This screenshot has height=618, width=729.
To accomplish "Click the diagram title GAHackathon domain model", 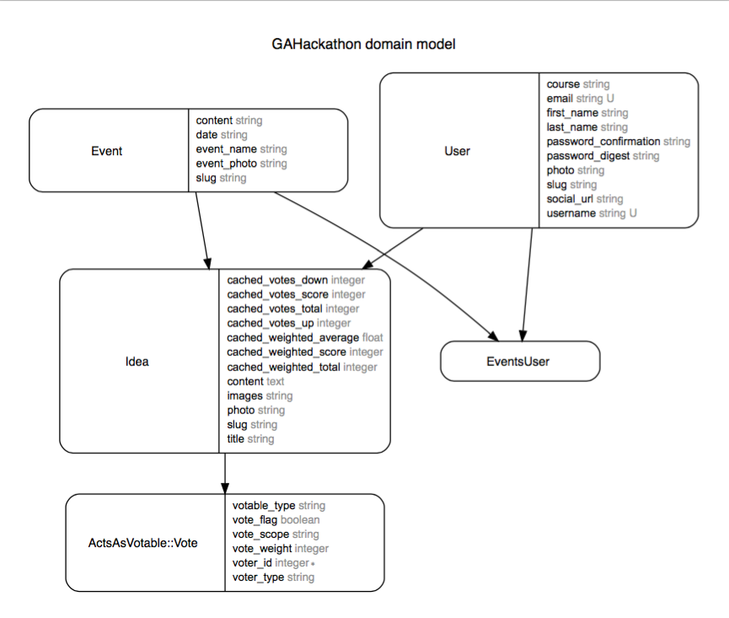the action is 363,44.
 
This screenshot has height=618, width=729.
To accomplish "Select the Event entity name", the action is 106,151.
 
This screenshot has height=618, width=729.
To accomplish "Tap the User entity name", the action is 457,151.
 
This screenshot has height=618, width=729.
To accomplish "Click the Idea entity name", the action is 137,362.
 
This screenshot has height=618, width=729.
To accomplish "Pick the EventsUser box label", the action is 518,362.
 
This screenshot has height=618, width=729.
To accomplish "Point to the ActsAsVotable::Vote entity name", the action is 142,543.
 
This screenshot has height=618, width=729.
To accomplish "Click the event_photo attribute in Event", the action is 227,164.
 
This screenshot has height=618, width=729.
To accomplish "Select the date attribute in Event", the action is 206,135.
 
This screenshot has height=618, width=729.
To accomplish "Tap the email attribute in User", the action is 560,99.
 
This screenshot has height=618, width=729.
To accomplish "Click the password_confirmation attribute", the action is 603,142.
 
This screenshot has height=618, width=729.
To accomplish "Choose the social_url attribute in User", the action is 570,199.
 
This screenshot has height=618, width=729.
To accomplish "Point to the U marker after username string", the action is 633,213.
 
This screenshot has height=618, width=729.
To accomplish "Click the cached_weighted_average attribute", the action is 293,337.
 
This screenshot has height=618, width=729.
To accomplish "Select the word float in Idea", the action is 373,337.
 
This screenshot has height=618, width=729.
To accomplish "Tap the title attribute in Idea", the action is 236,439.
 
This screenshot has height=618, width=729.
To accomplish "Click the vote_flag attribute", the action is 255,520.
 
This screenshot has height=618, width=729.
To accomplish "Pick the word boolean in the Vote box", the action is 300,520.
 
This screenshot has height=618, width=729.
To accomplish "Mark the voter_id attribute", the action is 252,563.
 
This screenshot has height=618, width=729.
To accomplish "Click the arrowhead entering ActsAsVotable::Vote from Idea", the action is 225,488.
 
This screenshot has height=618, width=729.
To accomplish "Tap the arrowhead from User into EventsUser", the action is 523,336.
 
